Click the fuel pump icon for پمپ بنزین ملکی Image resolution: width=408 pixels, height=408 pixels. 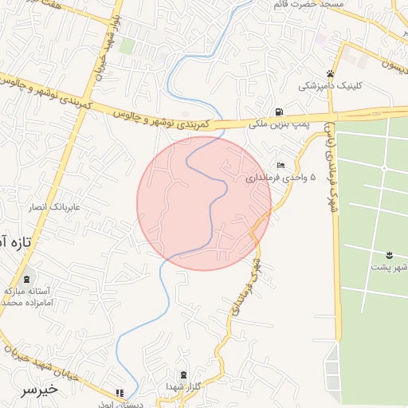point(277,112)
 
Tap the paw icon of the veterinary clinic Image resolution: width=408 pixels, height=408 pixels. point(330,73)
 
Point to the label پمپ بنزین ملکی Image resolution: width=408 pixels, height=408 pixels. point(279,124)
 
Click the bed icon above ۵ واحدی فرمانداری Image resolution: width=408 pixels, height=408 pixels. point(280,165)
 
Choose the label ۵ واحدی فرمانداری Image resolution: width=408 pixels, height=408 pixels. point(280,177)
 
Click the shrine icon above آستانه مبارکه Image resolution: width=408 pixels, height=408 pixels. point(29,280)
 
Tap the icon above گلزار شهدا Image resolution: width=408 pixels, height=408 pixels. point(184,375)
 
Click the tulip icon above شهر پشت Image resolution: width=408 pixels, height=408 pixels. point(390,254)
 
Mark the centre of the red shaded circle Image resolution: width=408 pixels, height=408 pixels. point(204,203)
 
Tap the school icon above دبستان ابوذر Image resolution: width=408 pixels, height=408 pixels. point(120,393)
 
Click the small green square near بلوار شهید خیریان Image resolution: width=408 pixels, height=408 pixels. point(126,45)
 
